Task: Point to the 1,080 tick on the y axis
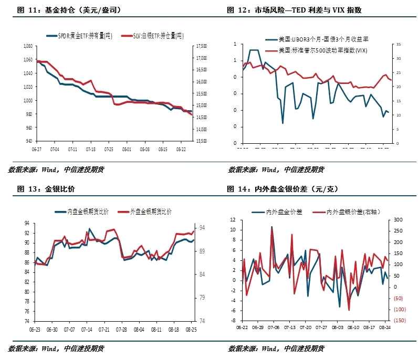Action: point(28,46)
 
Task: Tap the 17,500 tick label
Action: point(202,46)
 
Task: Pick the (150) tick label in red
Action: point(400,321)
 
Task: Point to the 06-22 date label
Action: point(242,327)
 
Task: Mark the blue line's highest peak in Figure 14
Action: point(271,227)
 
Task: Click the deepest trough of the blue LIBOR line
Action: point(283,123)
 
